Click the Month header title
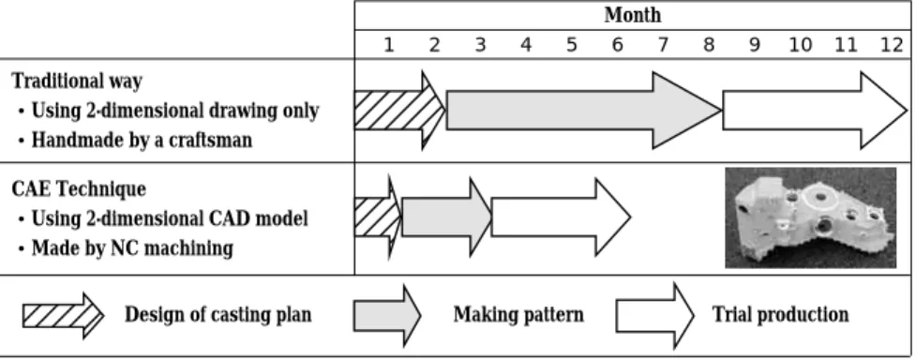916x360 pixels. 633,15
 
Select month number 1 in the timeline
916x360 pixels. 388,45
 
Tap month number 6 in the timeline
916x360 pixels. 618,45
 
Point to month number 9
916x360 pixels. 754,45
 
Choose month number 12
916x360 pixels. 892,45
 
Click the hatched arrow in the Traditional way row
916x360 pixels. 399,110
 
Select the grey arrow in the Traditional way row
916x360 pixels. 584,110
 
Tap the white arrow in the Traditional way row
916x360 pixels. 815,110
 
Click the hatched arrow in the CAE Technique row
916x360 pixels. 379,217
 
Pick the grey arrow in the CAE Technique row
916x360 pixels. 447,217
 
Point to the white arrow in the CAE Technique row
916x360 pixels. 561,217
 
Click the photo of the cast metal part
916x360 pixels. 810,218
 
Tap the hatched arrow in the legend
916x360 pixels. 63,316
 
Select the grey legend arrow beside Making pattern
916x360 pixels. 386,315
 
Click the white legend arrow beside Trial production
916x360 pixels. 654,316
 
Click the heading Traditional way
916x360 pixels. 77,81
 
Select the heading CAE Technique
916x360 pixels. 79,188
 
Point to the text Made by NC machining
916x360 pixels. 132,248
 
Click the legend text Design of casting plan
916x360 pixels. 218,315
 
